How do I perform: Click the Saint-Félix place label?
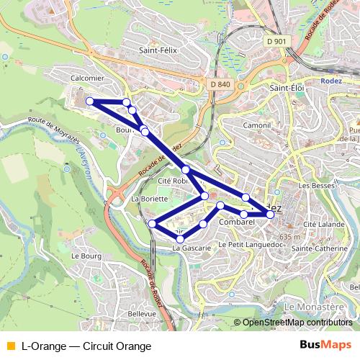158,50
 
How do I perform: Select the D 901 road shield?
275,42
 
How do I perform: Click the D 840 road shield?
221,84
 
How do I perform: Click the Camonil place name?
256,125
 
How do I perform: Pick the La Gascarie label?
191,248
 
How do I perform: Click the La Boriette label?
150,198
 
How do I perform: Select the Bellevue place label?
142,314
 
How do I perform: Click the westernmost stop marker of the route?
90,102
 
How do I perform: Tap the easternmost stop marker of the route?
270,214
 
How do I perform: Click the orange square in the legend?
10,346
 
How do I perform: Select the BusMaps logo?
325,346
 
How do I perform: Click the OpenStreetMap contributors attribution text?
297,323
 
